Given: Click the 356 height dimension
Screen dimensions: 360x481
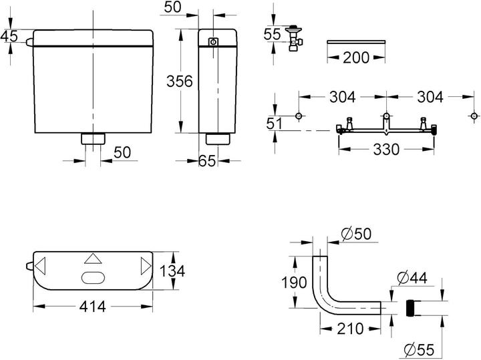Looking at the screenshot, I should [x=179, y=81].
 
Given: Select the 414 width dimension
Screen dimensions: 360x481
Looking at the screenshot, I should [x=93, y=307].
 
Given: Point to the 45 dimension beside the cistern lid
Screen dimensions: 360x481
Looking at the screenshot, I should [x=9, y=37].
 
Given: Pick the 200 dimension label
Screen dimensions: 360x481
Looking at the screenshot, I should [x=355, y=57].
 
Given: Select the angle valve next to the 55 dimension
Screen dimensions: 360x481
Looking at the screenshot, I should [x=293, y=37].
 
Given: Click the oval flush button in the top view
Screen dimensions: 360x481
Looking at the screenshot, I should [x=93, y=278].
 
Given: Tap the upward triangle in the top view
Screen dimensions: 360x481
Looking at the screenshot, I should [x=93, y=259].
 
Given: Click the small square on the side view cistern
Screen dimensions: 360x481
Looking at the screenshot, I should [x=213, y=43].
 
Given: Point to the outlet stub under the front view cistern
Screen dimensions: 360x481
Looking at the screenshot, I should [x=93, y=139].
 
